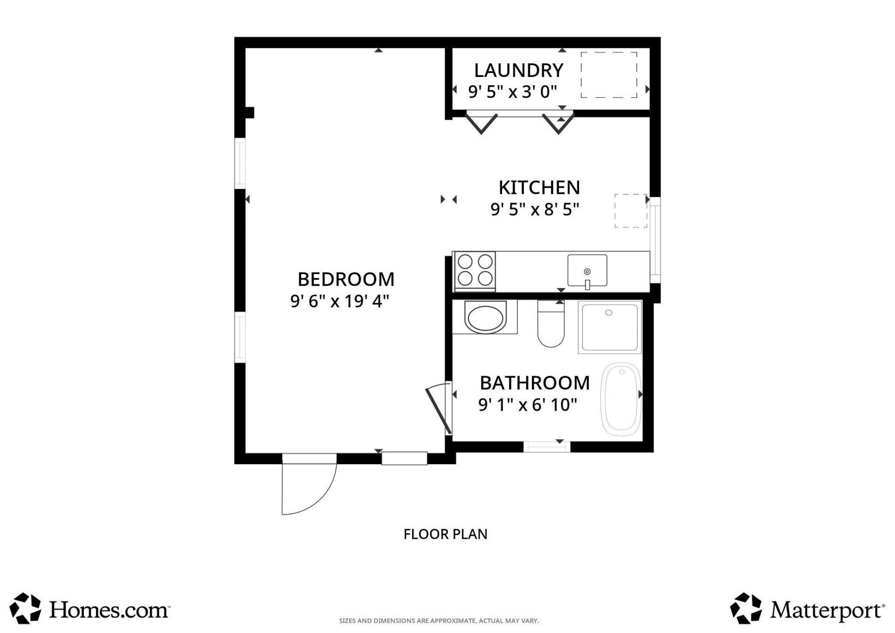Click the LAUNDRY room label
click(x=518, y=70)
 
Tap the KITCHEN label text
click(x=539, y=187)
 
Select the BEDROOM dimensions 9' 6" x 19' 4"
click(x=339, y=302)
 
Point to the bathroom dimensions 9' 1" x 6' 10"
click(x=528, y=405)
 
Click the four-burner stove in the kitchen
click(x=475, y=270)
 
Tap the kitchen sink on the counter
click(x=587, y=271)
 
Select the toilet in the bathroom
click(x=551, y=324)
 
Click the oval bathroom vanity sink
click(x=485, y=318)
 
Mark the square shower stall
click(x=610, y=327)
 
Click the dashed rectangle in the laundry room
click(x=609, y=75)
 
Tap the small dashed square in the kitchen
click(x=630, y=211)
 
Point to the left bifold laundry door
click(x=482, y=124)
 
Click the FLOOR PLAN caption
click(x=445, y=534)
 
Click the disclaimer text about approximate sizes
click(x=439, y=621)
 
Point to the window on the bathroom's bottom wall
click(x=547, y=447)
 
